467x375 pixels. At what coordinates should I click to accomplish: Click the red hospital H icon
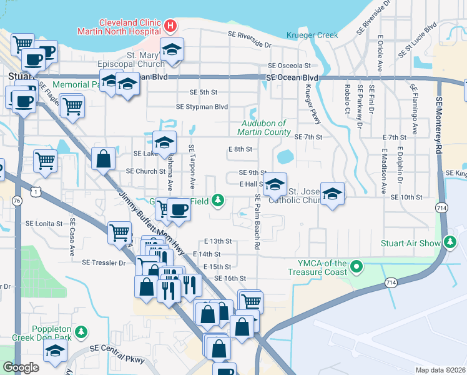pos(170,26)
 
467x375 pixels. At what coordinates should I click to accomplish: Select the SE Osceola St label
pos(289,66)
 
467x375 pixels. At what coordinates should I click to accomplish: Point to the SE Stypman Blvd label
pos(202,107)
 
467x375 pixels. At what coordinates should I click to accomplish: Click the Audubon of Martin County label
pos(264,128)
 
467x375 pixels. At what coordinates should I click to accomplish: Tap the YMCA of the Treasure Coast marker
pos(356,267)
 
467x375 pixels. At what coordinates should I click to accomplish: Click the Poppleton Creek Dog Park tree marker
pos(80,331)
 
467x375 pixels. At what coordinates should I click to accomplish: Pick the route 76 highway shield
pos(16,200)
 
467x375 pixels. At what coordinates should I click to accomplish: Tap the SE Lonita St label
pos(44,223)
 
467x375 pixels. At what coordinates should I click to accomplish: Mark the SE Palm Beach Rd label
pos(257,222)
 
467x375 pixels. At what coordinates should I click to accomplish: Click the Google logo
pos(21,367)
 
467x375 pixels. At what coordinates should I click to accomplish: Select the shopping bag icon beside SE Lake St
pos(103,159)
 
